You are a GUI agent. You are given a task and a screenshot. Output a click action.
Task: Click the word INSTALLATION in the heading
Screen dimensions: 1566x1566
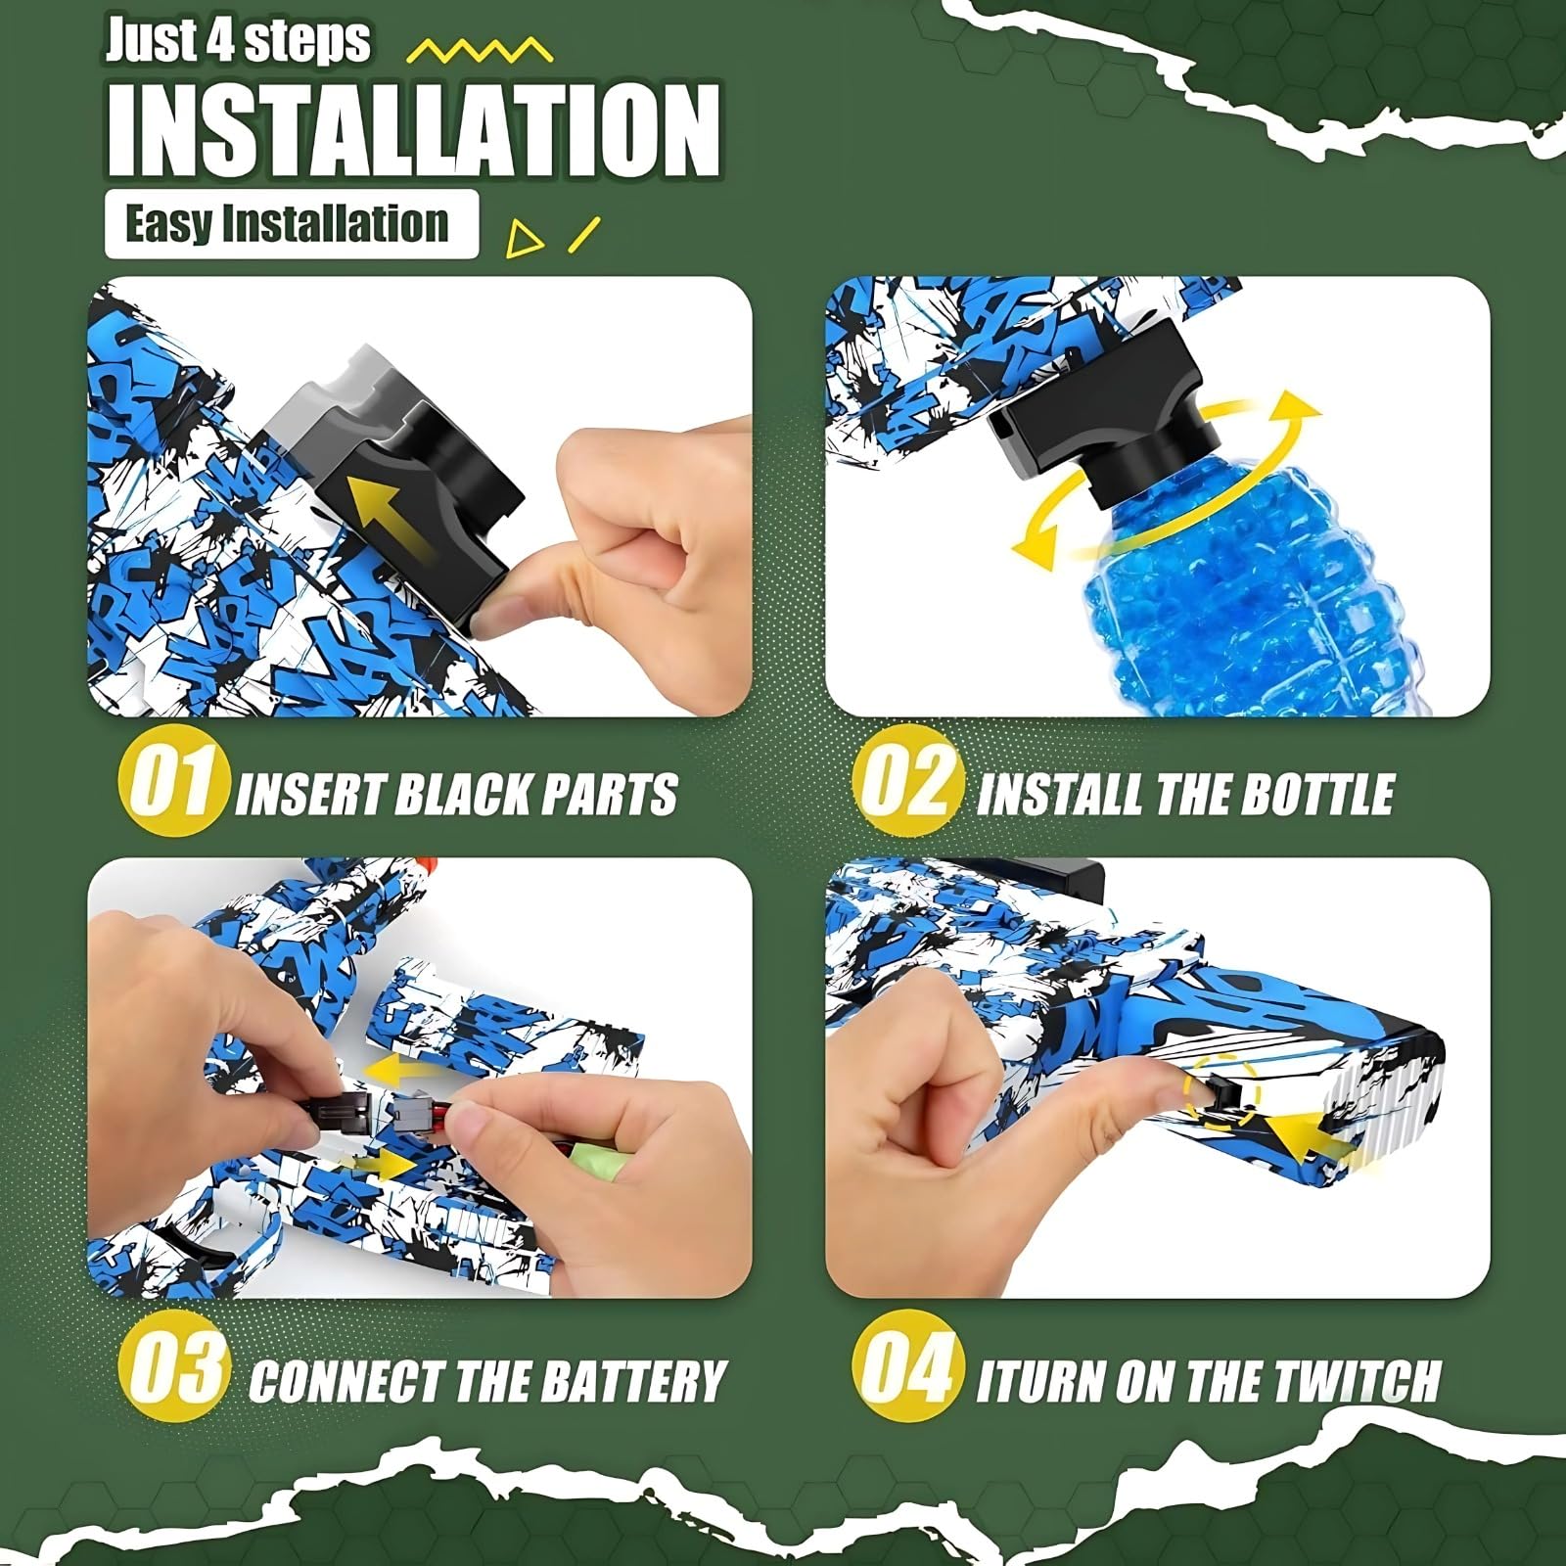(x=414, y=130)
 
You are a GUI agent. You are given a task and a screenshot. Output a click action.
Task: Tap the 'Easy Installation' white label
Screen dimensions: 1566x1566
(x=292, y=224)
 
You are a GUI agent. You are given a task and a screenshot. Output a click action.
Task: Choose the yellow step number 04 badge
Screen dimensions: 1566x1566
(x=907, y=1365)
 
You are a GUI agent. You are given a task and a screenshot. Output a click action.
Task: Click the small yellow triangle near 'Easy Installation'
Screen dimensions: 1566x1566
(x=526, y=238)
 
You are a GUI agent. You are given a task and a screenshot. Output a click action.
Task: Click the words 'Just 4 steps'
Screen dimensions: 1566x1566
(x=238, y=41)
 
